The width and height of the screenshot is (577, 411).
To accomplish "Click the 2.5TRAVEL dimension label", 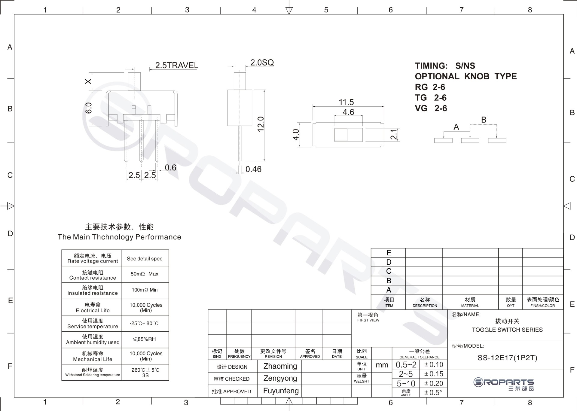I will (x=177, y=65).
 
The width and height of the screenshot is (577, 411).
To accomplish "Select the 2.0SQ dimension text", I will (x=262, y=62).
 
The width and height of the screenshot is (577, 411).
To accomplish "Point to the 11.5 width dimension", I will (x=346, y=102).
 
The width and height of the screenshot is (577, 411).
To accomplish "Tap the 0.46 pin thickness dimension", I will (x=253, y=169).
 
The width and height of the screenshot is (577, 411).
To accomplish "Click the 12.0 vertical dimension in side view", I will (x=261, y=124).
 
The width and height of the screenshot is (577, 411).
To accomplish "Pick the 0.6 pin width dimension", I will (x=170, y=168).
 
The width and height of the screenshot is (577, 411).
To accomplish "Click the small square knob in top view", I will (x=340, y=135).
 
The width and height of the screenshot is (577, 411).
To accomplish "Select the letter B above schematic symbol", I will (x=484, y=120).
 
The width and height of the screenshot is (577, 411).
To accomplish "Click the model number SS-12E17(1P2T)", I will (x=507, y=358).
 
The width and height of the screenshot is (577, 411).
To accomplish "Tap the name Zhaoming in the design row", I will (x=280, y=366).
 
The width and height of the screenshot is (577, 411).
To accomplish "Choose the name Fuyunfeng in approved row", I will (x=281, y=391).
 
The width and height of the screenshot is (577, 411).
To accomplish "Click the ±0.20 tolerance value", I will (x=433, y=383).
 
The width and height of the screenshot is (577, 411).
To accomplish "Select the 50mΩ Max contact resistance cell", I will (x=145, y=274).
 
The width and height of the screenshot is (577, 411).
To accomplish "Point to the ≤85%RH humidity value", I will (x=144, y=339).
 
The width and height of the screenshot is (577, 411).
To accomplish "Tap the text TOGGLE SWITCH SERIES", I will (x=507, y=330).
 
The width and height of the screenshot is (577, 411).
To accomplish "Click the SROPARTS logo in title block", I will (x=503, y=384).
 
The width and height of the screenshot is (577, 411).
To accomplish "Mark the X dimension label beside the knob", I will (x=88, y=81).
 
